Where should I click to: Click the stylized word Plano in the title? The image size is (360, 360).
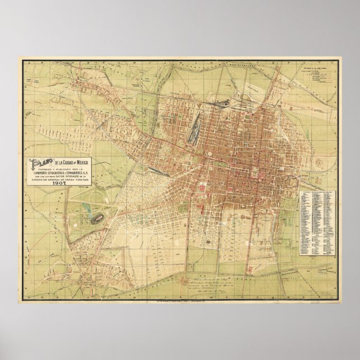coord(42,163)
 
